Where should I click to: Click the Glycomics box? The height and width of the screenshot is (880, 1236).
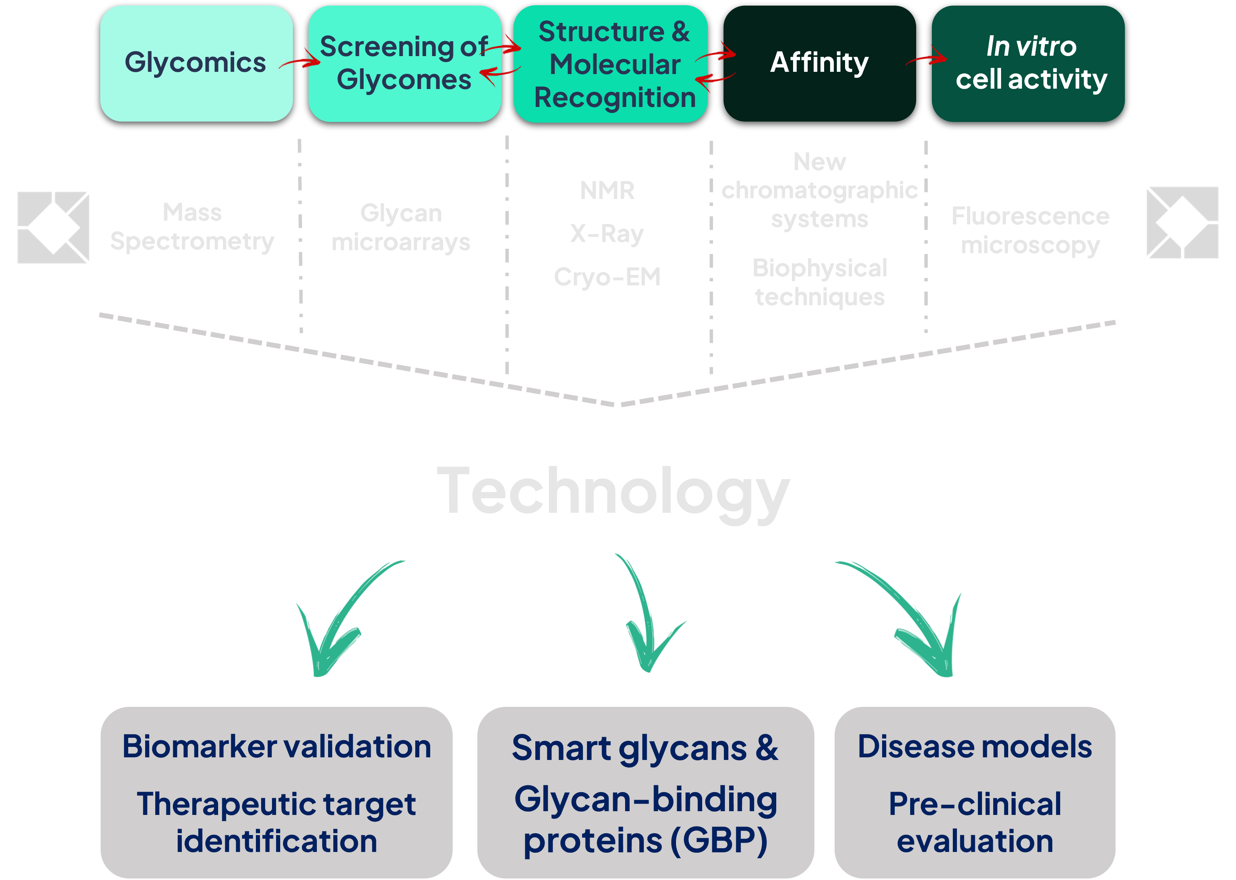coord(196,64)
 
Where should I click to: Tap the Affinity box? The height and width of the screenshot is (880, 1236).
coord(819,64)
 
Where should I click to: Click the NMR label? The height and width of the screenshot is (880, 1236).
coord(607,191)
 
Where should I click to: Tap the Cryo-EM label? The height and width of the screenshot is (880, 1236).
coord(607,277)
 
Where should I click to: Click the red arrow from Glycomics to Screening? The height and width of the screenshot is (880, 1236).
coord(300,61)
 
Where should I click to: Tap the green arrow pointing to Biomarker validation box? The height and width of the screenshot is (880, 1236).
coord(336,623)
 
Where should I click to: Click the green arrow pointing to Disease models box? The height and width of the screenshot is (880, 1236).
coord(916,623)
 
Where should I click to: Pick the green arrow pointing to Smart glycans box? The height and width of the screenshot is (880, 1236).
coord(645,618)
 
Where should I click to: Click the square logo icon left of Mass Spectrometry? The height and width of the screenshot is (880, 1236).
coord(53,228)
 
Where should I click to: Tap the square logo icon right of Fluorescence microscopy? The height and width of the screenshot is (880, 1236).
coord(1183,223)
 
